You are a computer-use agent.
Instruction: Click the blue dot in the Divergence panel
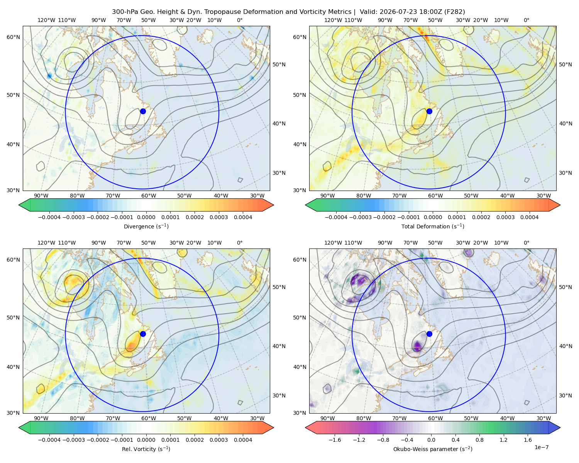(x=143, y=111)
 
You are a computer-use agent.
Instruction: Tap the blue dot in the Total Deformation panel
(x=429, y=111)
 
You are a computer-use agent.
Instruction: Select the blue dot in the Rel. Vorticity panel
(x=143, y=334)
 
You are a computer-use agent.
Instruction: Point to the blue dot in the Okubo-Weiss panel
(x=429, y=334)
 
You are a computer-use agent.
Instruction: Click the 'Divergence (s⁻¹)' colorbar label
(x=146, y=226)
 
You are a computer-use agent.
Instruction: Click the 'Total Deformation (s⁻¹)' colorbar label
(x=433, y=226)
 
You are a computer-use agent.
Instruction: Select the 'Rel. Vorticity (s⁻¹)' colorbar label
(x=146, y=449)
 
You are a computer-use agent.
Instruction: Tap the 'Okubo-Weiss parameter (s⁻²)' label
(x=433, y=449)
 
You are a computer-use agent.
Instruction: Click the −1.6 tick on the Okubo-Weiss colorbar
(x=335, y=440)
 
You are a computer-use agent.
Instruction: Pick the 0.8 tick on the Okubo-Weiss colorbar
(x=479, y=440)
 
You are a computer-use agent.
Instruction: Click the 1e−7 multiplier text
(x=541, y=447)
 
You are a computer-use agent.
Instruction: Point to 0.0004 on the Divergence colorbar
(x=243, y=217)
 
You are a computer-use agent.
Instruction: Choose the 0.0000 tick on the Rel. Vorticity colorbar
(x=146, y=440)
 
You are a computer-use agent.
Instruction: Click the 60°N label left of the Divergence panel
(x=13, y=37)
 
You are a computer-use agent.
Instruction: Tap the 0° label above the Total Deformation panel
(x=526, y=20)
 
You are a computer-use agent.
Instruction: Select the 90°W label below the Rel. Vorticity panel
(x=41, y=418)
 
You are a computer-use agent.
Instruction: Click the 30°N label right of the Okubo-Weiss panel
(x=565, y=395)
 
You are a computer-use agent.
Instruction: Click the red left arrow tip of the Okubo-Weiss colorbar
(x=306, y=428)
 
